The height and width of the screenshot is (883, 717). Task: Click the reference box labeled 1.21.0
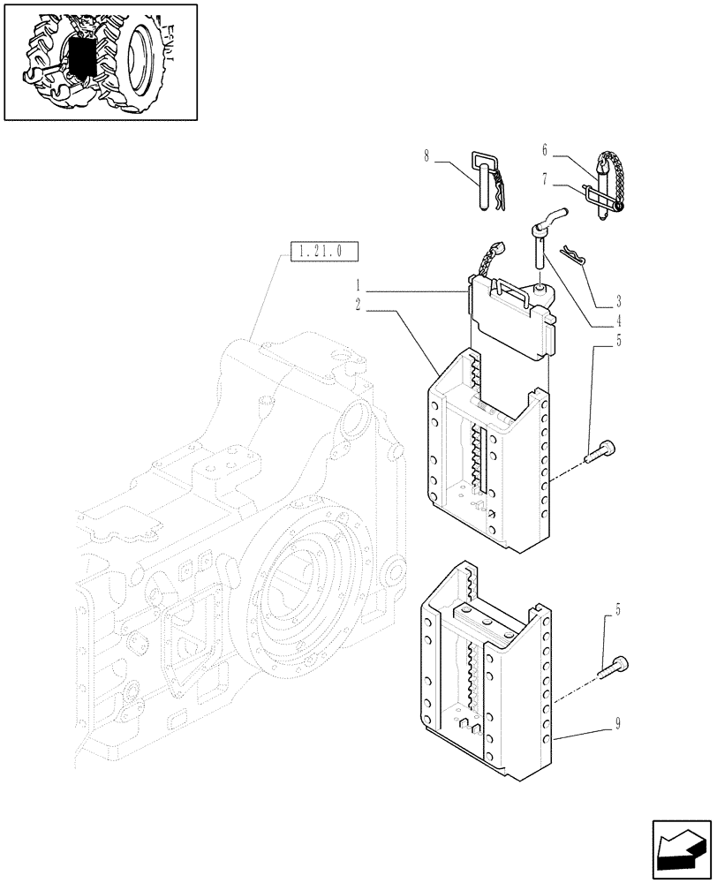click(321, 252)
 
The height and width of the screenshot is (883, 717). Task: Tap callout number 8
click(426, 157)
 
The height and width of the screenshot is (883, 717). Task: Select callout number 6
click(546, 150)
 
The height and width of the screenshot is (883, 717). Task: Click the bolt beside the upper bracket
click(601, 452)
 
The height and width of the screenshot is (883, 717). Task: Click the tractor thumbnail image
click(100, 61)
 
